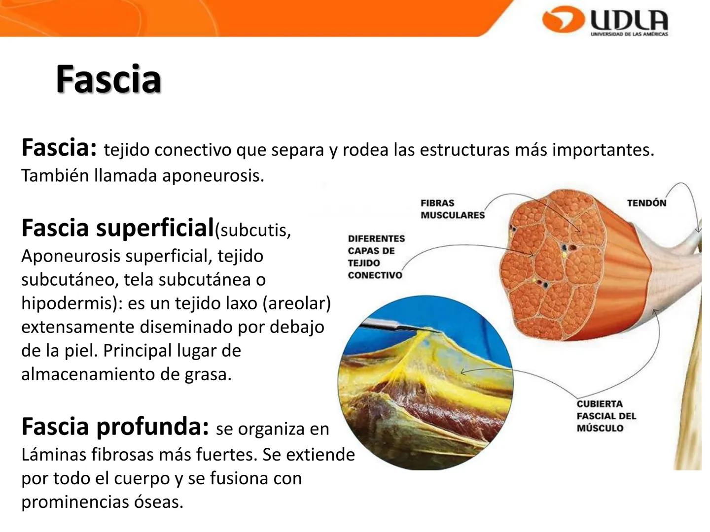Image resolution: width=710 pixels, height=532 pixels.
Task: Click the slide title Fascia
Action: [x=108, y=79]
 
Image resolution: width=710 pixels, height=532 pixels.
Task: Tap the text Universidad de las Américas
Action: [x=629, y=34]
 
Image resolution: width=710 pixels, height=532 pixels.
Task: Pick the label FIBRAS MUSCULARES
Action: [x=452, y=209]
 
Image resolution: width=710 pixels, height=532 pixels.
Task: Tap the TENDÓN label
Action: [x=646, y=203]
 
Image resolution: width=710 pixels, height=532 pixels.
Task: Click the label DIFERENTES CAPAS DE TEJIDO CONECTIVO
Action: [x=376, y=257]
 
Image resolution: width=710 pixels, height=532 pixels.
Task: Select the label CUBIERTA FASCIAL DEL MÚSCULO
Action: [x=606, y=416]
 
